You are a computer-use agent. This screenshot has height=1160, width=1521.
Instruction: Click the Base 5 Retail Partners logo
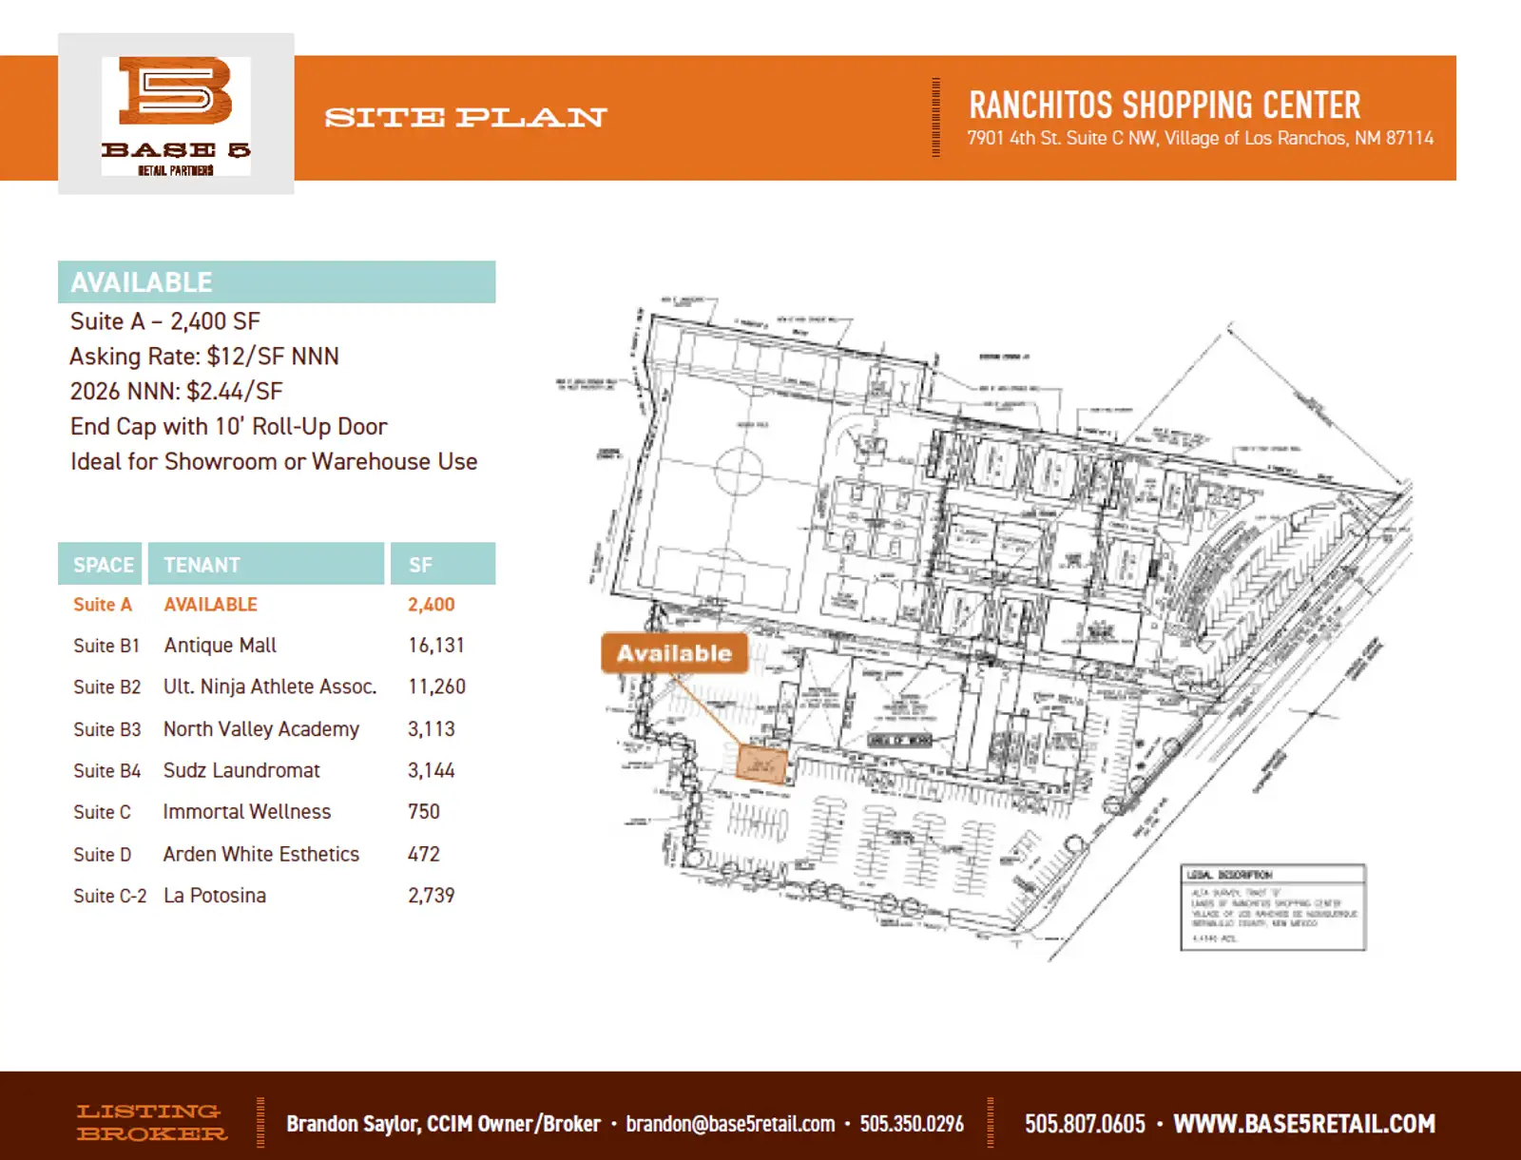click(176, 115)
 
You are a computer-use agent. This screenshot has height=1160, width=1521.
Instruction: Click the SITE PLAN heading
click(465, 118)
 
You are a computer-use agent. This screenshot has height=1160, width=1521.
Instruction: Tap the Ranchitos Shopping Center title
click(1165, 105)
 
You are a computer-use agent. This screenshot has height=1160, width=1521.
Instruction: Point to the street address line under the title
click(1200, 139)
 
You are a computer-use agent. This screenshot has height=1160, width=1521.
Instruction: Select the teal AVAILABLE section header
click(276, 282)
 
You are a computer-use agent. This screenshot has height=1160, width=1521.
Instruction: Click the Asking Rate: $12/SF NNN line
click(204, 357)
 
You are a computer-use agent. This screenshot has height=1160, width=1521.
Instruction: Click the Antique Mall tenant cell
click(220, 646)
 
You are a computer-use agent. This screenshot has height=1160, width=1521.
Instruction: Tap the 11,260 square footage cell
click(436, 686)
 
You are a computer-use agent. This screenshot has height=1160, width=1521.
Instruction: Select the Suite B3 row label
click(106, 729)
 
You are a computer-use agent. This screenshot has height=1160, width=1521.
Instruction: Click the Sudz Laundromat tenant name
click(241, 770)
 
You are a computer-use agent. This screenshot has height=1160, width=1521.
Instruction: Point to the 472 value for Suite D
click(424, 854)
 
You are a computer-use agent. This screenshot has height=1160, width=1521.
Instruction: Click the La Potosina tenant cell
click(215, 896)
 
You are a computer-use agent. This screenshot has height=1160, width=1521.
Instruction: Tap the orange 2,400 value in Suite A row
click(431, 605)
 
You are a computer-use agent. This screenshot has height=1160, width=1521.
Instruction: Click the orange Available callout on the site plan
click(674, 653)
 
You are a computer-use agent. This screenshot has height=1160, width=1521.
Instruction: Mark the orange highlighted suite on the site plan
click(762, 764)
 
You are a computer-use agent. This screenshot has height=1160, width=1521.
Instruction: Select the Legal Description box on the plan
click(1273, 907)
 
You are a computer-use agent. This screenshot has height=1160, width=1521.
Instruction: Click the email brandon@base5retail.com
click(730, 1124)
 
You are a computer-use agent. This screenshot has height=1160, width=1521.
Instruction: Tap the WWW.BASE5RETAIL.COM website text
click(1303, 1124)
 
